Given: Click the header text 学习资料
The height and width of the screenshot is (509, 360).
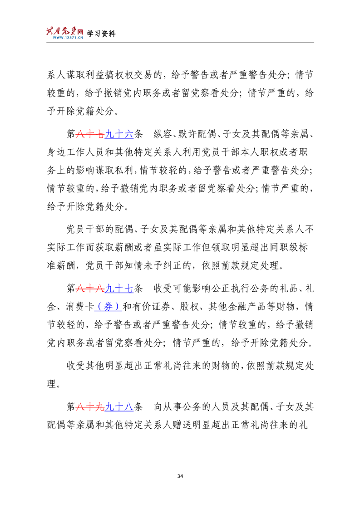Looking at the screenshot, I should [x=101, y=34].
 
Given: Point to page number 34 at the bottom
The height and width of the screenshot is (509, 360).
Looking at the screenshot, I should [x=180, y=475].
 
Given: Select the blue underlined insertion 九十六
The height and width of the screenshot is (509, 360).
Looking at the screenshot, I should [x=118, y=135].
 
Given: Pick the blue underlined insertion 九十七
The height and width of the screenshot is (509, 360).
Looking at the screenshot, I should [x=118, y=288].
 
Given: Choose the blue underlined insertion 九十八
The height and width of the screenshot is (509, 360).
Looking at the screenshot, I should [x=118, y=407].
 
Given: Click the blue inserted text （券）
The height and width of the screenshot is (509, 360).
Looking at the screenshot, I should [x=108, y=306].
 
